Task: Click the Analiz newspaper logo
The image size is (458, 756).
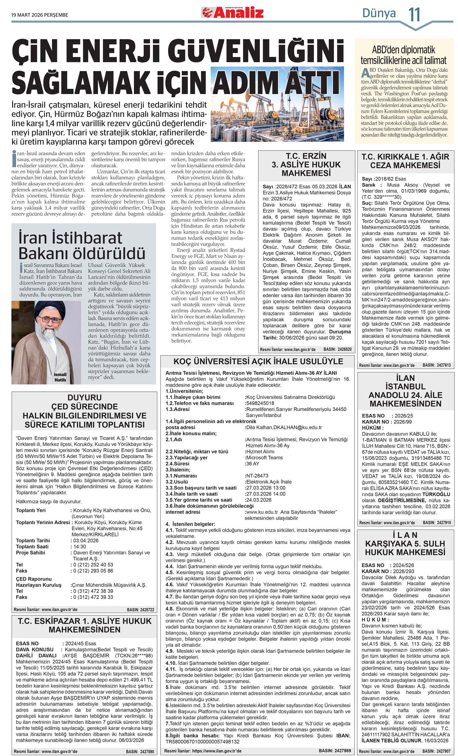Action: tap(233, 13)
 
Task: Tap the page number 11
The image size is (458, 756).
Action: tap(414, 15)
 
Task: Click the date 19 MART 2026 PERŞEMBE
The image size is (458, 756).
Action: tap(40, 15)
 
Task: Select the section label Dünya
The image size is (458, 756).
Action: tap(379, 13)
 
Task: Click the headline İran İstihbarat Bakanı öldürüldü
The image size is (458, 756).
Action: tap(82, 246)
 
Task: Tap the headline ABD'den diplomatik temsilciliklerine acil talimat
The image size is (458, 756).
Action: tap(403, 55)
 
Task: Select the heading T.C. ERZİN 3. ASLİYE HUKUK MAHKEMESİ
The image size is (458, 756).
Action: tap(306, 165)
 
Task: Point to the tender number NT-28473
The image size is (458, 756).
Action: tap(257, 476)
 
